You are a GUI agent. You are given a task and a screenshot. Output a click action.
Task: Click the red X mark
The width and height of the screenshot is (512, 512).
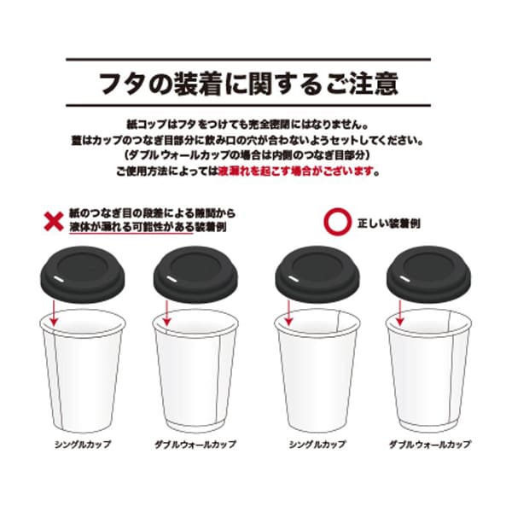pyautogui.click(x=54, y=221)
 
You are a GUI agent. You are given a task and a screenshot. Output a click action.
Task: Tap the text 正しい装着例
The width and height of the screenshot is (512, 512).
pyautogui.click(x=389, y=224)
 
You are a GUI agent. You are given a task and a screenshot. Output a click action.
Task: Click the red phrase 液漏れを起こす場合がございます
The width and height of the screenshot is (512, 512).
pyautogui.click(x=296, y=171)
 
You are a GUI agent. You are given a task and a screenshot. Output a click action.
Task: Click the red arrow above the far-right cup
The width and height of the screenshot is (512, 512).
pyautogui.click(x=400, y=313)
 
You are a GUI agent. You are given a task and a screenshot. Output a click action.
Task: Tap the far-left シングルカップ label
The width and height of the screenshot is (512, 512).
pyautogui.click(x=83, y=445)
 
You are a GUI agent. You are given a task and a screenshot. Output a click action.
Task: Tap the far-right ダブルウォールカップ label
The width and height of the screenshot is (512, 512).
pyautogui.click(x=430, y=445)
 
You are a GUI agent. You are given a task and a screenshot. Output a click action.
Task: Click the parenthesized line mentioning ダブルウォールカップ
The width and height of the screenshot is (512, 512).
pyautogui.click(x=247, y=155)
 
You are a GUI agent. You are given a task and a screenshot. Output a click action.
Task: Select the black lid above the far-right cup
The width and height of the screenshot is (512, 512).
pyautogui.click(x=428, y=274)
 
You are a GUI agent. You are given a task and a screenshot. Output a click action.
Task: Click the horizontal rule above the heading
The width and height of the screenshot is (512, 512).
pyautogui.click(x=248, y=60)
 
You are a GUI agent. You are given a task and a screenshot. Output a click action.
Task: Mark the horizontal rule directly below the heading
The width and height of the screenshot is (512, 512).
pyautogui.click(x=248, y=106)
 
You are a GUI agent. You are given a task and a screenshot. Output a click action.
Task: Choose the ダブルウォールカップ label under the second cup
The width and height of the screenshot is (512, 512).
pyautogui.click(x=195, y=445)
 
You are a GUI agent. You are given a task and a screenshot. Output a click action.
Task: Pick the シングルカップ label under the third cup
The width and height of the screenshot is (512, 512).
pyautogui.click(x=317, y=445)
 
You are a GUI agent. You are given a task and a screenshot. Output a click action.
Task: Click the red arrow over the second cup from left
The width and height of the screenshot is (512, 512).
pyautogui.click(x=167, y=313)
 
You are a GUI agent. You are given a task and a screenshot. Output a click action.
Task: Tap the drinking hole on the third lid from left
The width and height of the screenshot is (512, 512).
pyautogui.click(x=294, y=278)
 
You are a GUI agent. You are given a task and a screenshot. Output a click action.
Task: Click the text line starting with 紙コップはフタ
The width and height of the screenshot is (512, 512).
pyautogui.click(x=247, y=125)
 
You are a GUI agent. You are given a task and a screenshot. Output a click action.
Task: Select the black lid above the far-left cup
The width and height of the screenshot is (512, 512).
pyautogui.click(x=82, y=274)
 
